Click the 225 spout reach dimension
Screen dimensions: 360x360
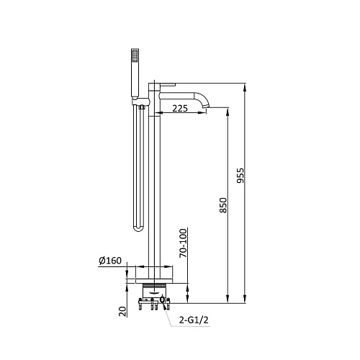tap(180, 109)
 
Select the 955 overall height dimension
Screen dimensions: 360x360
tap(240, 176)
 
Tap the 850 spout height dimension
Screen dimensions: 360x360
tap(223, 205)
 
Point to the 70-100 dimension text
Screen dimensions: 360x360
tap(183, 243)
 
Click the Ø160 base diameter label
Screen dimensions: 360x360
tap(110, 261)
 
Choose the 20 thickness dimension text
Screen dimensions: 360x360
tap(122, 312)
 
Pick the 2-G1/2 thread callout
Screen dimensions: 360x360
tap(194, 320)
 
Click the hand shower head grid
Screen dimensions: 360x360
tap(135, 55)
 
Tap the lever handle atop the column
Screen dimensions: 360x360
tap(168, 84)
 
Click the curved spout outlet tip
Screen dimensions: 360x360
tap(207, 106)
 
